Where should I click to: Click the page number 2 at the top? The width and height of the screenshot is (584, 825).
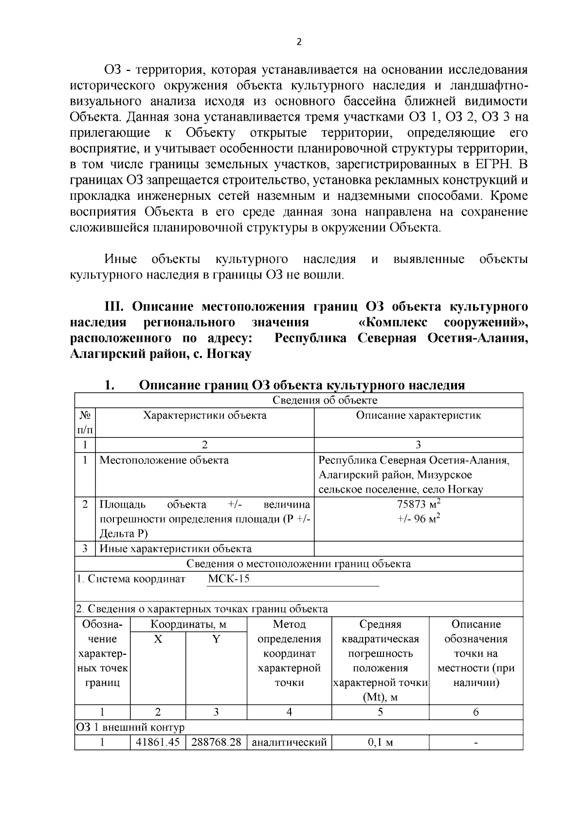point(299,42)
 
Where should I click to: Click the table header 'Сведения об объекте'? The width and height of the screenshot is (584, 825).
point(325,400)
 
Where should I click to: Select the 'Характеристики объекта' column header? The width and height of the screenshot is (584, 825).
point(204,416)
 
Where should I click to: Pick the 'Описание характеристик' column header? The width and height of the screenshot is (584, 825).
point(418,416)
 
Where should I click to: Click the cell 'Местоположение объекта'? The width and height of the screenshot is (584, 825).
point(164,460)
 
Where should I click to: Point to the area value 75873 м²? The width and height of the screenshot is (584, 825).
point(418,504)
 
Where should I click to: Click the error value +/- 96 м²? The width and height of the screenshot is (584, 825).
point(418,519)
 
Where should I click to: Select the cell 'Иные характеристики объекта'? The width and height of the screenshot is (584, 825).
point(176,549)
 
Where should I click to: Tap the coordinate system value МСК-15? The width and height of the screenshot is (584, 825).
point(229,579)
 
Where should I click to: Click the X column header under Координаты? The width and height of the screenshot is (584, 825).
point(158,639)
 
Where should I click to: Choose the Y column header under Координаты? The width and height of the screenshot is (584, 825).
point(216,639)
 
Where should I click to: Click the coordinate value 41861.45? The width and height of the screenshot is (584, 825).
point(158,742)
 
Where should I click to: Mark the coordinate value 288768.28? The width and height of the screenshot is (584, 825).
point(216,742)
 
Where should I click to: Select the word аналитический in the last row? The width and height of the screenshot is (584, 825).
point(289,742)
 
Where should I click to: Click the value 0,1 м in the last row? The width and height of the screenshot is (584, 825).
point(380,742)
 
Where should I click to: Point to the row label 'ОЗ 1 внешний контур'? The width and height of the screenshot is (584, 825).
point(130,727)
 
